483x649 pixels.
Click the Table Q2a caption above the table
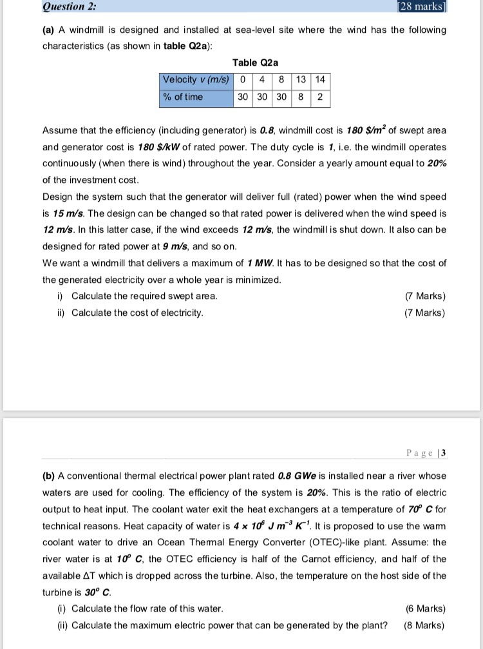point(255,63)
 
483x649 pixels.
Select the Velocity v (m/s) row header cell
point(196,80)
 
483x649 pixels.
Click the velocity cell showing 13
point(301,80)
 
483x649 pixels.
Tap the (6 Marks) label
point(425,608)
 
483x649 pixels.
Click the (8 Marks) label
point(424,625)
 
